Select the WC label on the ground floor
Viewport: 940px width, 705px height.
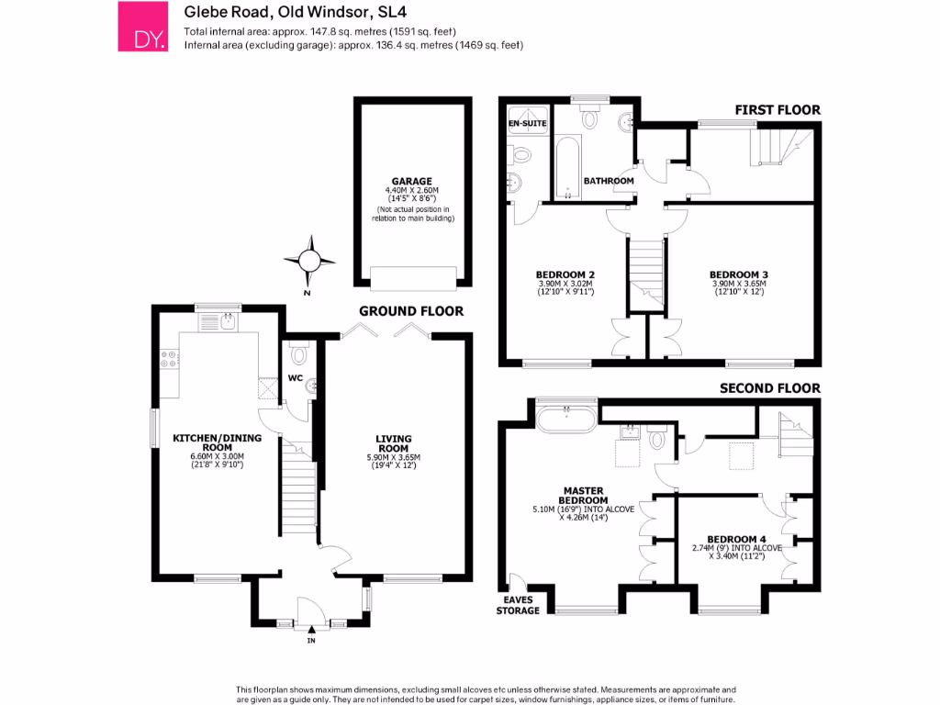click(x=296, y=377)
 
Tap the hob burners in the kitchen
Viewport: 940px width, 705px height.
click(x=169, y=358)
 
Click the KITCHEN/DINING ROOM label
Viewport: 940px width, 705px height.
click(x=218, y=443)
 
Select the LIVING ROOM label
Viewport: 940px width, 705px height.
click(x=393, y=443)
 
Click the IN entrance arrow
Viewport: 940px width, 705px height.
click(x=311, y=630)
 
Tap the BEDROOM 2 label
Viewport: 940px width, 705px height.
click(x=566, y=274)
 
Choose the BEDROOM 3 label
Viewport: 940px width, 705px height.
click(x=739, y=274)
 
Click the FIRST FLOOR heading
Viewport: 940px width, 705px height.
click(x=778, y=110)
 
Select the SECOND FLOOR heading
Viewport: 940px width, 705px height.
click(x=769, y=388)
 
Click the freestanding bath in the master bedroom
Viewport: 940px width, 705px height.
click(x=567, y=420)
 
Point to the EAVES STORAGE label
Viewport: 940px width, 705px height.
click(x=519, y=605)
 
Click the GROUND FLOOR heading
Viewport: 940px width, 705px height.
click(x=411, y=311)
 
